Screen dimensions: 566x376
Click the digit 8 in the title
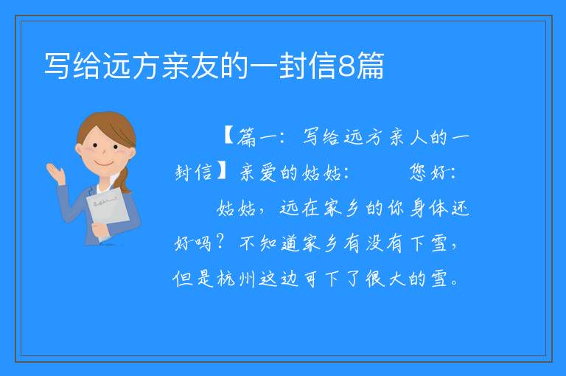pyautogui.click(x=346, y=66)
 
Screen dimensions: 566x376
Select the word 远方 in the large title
pyautogui.click(x=117, y=66)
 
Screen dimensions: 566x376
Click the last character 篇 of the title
pyautogui.click(x=370, y=66)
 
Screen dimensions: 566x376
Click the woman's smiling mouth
pyautogui.click(x=104, y=164)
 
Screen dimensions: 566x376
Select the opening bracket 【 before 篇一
pyautogui.click(x=229, y=136)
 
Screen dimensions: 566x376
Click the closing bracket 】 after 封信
pyautogui.click(x=221, y=171)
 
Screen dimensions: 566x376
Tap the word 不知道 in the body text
pyautogui.click(x=269, y=243)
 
